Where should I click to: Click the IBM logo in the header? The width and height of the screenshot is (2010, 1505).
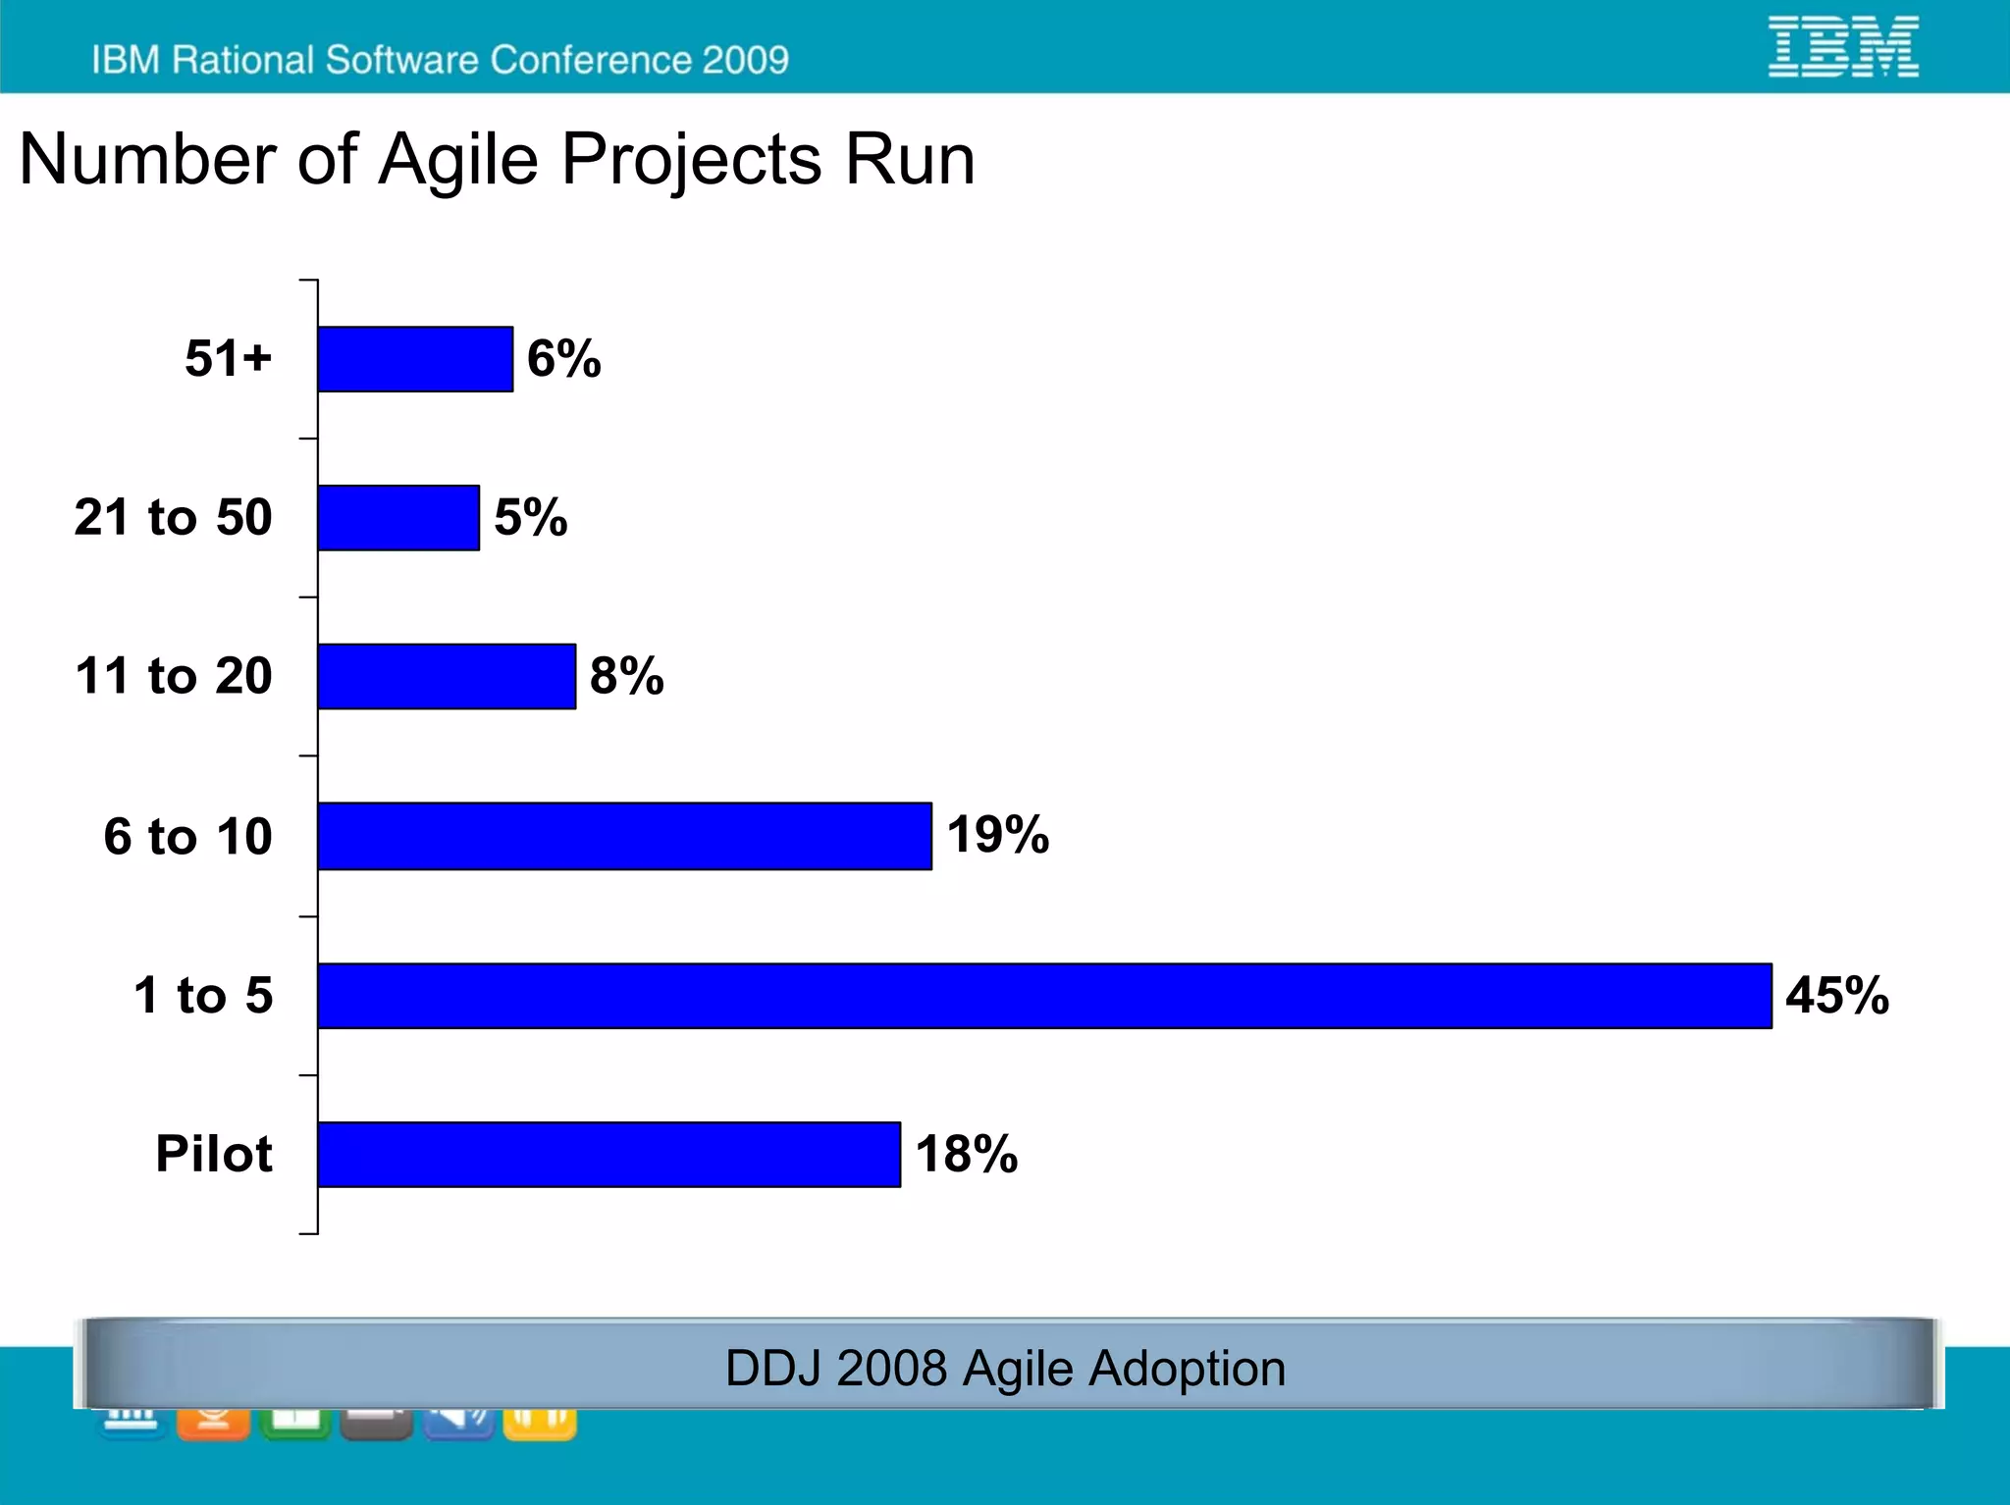[1843, 46]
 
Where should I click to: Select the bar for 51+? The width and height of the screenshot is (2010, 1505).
[415, 359]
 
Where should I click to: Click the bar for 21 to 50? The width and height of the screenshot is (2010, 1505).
[398, 518]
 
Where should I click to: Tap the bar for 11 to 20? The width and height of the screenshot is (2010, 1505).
[447, 677]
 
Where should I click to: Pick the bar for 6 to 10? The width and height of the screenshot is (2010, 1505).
[624, 836]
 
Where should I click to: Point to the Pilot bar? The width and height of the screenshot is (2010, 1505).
[608, 1155]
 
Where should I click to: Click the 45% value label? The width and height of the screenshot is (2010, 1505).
[1836, 995]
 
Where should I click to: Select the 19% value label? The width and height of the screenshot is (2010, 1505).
[997, 835]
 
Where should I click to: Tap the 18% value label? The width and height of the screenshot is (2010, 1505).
[966, 1154]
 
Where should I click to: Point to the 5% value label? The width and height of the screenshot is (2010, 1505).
[530, 517]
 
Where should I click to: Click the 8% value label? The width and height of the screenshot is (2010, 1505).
[626, 676]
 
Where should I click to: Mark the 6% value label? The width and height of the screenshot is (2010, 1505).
[563, 358]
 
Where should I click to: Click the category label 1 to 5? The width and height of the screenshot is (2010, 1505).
[203, 995]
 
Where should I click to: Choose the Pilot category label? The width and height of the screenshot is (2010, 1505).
[214, 1154]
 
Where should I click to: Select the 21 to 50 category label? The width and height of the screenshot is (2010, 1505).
[174, 517]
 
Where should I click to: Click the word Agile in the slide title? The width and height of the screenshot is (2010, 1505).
[458, 160]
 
